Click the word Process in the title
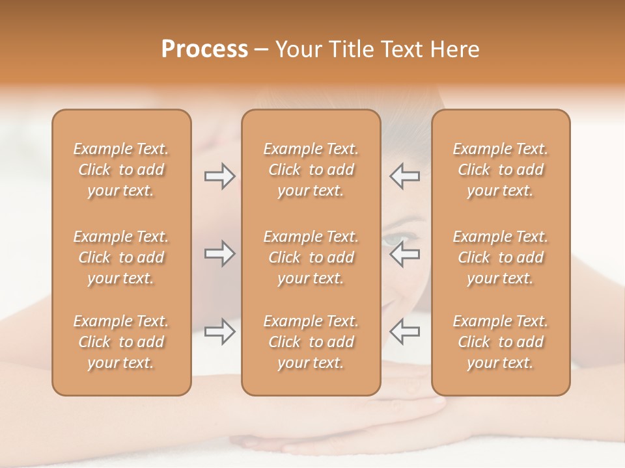(204, 49)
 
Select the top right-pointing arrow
(219, 176)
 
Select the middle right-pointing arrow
(219, 253)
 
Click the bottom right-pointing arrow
(219, 331)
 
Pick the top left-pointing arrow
(404, 176)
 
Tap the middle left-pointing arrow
(404, 253)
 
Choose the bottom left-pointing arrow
(404, 331)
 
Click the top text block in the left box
(121, 170)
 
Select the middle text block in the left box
(121, 257)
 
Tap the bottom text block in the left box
(121, 342)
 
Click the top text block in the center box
(311, 170)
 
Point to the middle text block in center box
(311, 257)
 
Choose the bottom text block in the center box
(311, 342)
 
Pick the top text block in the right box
(500, 170)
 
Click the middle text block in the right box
(500, 257)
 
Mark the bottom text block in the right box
(500, 342)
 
